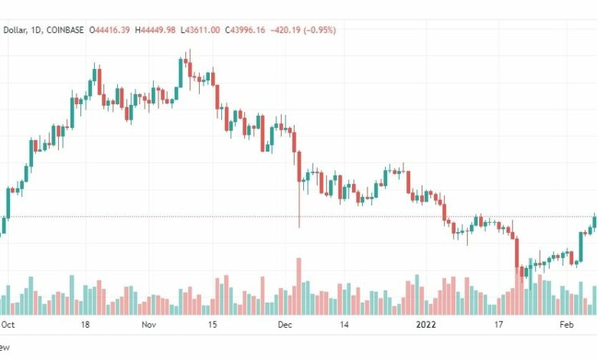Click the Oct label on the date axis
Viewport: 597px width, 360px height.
(x=8, y=325)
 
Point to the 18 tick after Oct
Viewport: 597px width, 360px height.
(x=85, y=325)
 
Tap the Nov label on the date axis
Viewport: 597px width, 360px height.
(x=148, y=325)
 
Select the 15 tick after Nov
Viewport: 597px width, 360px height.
(x=212, y=325)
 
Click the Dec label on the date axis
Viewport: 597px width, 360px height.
(x=285, y=325)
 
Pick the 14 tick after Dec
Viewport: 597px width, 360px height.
(x=348, y=325)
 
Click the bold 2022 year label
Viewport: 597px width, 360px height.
(x=426, y=325)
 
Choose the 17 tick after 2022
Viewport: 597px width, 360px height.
(x=498, y=325)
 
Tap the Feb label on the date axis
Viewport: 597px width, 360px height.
(x=567, y=325)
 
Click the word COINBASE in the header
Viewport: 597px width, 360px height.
(x=64, y=30)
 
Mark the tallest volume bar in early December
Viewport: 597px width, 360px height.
(x=298, y=286)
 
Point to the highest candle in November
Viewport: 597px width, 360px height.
(x=188, y=57)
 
